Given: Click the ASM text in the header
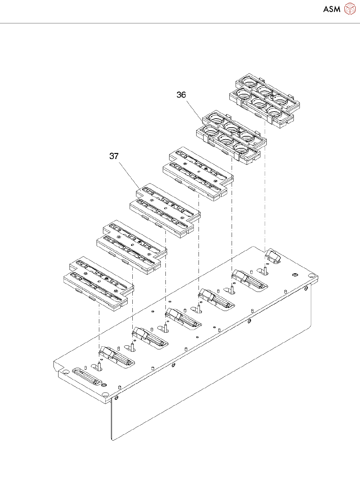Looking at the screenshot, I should pyautogui.click(x=332, y=9).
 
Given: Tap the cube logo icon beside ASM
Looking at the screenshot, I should pyautogui.click(x=350, y=9).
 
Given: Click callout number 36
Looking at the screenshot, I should pyautogui.click(x=181, y=95).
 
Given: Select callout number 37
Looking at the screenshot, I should pyautogui.click(x=114, y=156).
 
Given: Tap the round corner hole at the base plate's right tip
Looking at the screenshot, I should pyautogui.click(x=312, y=276).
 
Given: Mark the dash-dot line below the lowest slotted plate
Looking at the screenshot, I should pyautogui.click(x=99, y=327).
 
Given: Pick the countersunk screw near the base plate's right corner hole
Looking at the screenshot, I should pyautogui.click(x=295, y=275).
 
